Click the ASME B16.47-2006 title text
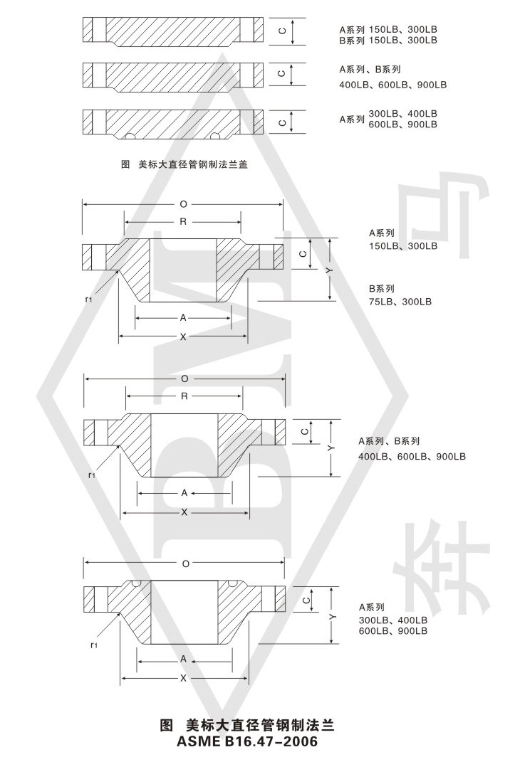(x=247, y=742)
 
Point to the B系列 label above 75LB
(x=382, y=289)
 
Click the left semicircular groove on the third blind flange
(x=130, y=136)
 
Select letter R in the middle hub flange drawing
(x=184, y=396)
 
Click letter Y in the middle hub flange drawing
(x=331, y=448)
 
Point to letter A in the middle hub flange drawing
(x=184, y=493)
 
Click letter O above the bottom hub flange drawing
(x=186, y=563)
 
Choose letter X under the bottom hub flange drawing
(x=183, y=678)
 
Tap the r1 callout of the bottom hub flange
(x=94, y=645)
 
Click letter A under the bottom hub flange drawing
(x=183, y=659)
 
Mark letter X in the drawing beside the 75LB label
(x=183, y=337)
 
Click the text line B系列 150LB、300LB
(x=388, y=41)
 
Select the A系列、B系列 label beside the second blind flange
(x=370, y=70)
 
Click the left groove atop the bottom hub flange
(x=136, y=583)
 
